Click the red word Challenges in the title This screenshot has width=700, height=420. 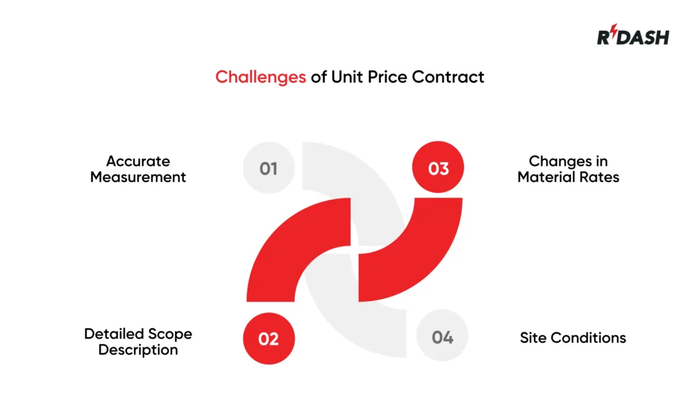pyautogui.click(x=260, y=77)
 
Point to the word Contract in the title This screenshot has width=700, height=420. pyautogui.click(x=448, y=77)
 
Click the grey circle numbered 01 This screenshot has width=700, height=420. pyautogui.click(x=269, y=168)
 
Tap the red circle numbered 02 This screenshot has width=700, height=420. pyautogui.click(x=269, y=338)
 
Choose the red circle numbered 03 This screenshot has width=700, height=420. pyautogui.click(x=438, y=168)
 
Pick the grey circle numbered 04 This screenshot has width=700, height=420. pyautogui.click(x=442, y=338)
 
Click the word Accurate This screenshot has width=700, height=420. pyautogui.click(x=138, y=161)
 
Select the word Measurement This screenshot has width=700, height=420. pyautogui.click(x=138, y=177)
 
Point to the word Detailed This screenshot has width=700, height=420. pyautogui.click(x=112, y=334)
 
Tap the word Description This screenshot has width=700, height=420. pyautogui.click(x=138, y=350)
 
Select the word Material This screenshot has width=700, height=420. pyautogui.click(x=544, y=177)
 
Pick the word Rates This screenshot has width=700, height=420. pyautogui.click(x=600, y=177)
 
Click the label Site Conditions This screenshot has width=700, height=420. pyautogui.click(x=573, y=338)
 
